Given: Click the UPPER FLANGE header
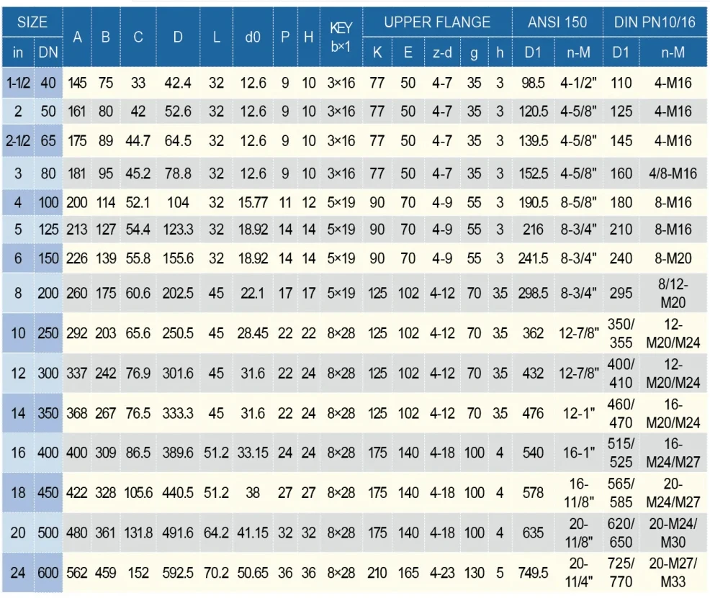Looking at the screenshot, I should (437, 22).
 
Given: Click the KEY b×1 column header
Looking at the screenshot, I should (341, 37).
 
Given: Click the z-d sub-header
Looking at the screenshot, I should (441, 53).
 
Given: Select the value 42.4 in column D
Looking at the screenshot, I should (178, 83).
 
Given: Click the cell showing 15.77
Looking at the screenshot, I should (253, 202).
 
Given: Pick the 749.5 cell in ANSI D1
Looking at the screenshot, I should (534, 574).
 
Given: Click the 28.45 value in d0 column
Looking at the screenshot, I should (253, 334).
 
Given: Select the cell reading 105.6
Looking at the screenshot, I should (138, 493).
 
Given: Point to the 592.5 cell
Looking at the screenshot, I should (178, 574).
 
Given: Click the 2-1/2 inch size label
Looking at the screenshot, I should (18, 142).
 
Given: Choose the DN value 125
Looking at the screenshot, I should (48, 230).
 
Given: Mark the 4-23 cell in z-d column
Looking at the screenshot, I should (441, 574).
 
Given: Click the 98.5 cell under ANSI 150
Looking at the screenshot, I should (534, 83).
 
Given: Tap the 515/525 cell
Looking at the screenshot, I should (621, 452).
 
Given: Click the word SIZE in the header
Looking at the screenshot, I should (32, 22).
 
